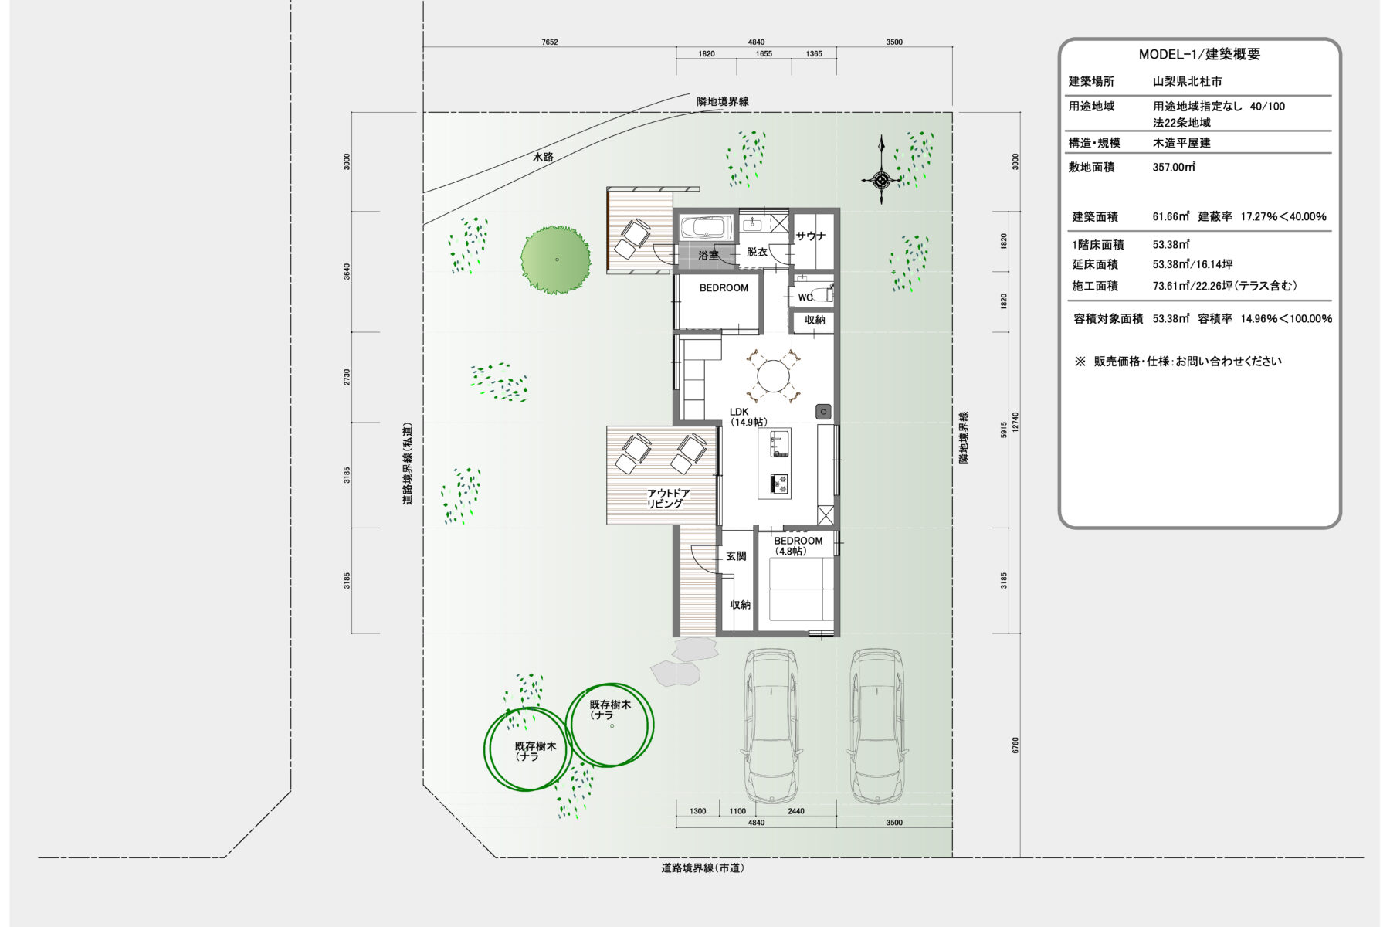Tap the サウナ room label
(811, 236)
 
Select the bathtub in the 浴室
(704, 228)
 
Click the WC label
(805, 297)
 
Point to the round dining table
(772, 378)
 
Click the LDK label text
(739, 412)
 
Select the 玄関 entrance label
(736, 556)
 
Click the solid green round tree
(556, 260)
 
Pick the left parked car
(771, 726)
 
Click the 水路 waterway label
(543, 157)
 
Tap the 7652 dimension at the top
(549, 42)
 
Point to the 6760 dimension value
(1015, 745)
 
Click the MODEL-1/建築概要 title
(1199, 55)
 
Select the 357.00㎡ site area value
(1174, 167)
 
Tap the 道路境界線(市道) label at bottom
(703, 868)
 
